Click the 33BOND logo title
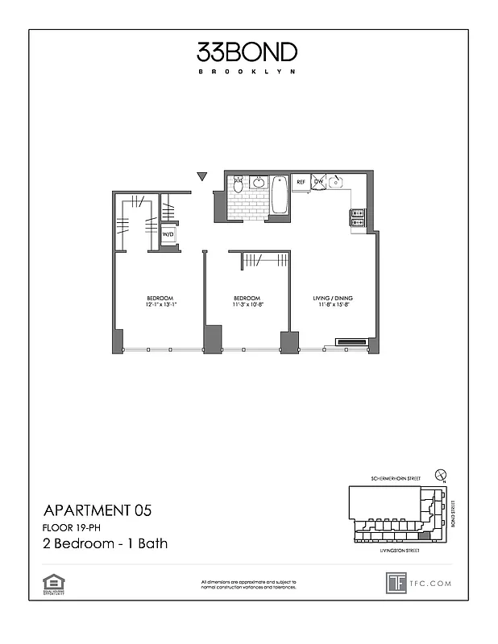click(247, 53)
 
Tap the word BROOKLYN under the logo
click(247, 72)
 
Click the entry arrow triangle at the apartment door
click(202, 176)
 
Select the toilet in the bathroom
click(238, 186)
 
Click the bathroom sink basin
click(259, 183)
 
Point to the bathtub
click(280, 196)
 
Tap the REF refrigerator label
click(301, 183)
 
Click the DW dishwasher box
click(318, 183)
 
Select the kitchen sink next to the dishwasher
click(338, 182)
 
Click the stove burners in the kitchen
click(357, 217)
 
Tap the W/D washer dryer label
click(168, 235)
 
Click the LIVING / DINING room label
click(333, 299)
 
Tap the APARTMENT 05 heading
click(97, 510)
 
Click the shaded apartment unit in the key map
click(424, 536)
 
